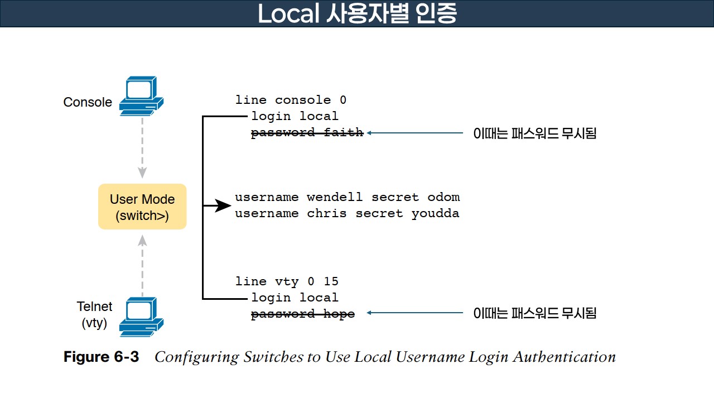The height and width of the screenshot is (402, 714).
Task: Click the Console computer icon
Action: [141, 97]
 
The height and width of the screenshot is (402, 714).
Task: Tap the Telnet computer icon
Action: [141, 317]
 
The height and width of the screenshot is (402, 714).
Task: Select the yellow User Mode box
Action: [142, 207]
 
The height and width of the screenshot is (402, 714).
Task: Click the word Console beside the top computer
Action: [88, 103]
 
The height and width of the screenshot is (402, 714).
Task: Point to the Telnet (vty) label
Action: [94, 314]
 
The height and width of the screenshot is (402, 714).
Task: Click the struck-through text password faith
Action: [307, 133]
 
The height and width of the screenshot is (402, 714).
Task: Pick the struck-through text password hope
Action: [303, 314]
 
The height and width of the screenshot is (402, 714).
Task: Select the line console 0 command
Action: [291, 100]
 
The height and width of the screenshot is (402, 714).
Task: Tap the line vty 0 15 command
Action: [287, 281]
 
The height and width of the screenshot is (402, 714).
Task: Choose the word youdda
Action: [435, 213]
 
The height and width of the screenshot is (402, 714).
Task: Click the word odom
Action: [443, 197]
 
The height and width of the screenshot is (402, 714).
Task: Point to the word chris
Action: [326, 213]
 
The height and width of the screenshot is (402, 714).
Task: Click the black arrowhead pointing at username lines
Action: [223, 206]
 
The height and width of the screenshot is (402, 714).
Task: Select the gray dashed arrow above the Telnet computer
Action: [142, 265]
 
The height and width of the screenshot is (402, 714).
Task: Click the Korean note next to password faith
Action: [534, 133]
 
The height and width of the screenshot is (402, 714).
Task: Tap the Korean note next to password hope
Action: [534, 313]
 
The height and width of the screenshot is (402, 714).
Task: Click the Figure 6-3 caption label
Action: [101, 357]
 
